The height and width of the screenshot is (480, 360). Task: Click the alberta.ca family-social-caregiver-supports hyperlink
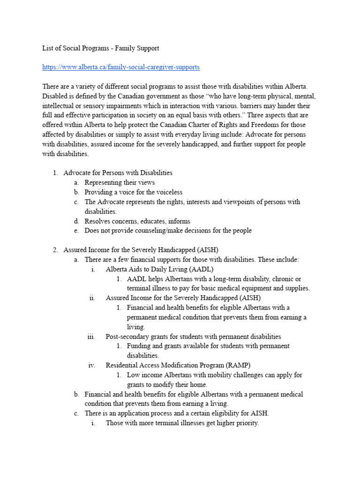tap(121, 67)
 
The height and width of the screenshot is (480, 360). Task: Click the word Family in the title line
tap(127, 48)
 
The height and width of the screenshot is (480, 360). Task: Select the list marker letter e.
tap(76, 231)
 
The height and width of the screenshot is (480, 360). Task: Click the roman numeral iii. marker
tap(91, 336)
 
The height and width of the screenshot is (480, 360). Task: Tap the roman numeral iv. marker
tap(92, 365)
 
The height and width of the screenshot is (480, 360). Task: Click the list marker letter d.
tap(76, 221)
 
